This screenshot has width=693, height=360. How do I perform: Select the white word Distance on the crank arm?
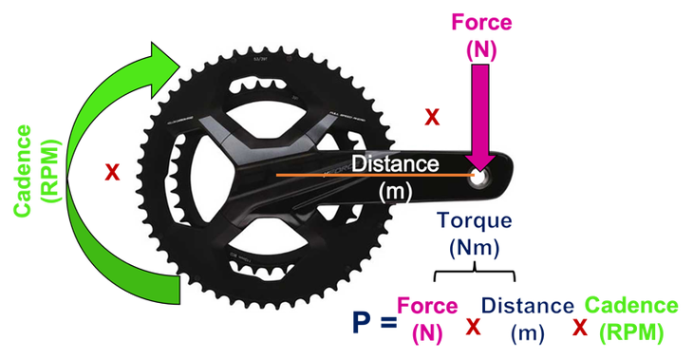pos(395,163)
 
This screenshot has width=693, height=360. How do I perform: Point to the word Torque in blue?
pos(474,222)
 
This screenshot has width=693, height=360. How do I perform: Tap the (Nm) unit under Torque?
pos(474,249)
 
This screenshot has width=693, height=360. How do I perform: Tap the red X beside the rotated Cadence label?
pos(112,173)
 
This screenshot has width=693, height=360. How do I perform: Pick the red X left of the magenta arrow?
pos(431,118)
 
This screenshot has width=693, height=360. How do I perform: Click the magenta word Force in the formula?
pos(428,306)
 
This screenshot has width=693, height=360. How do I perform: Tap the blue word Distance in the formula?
pos(528,306)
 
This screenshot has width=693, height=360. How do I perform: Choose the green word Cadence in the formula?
pos(630,306)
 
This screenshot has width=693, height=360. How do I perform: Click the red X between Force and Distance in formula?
pos(473,326)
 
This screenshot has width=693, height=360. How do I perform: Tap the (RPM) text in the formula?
pos(630,333)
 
